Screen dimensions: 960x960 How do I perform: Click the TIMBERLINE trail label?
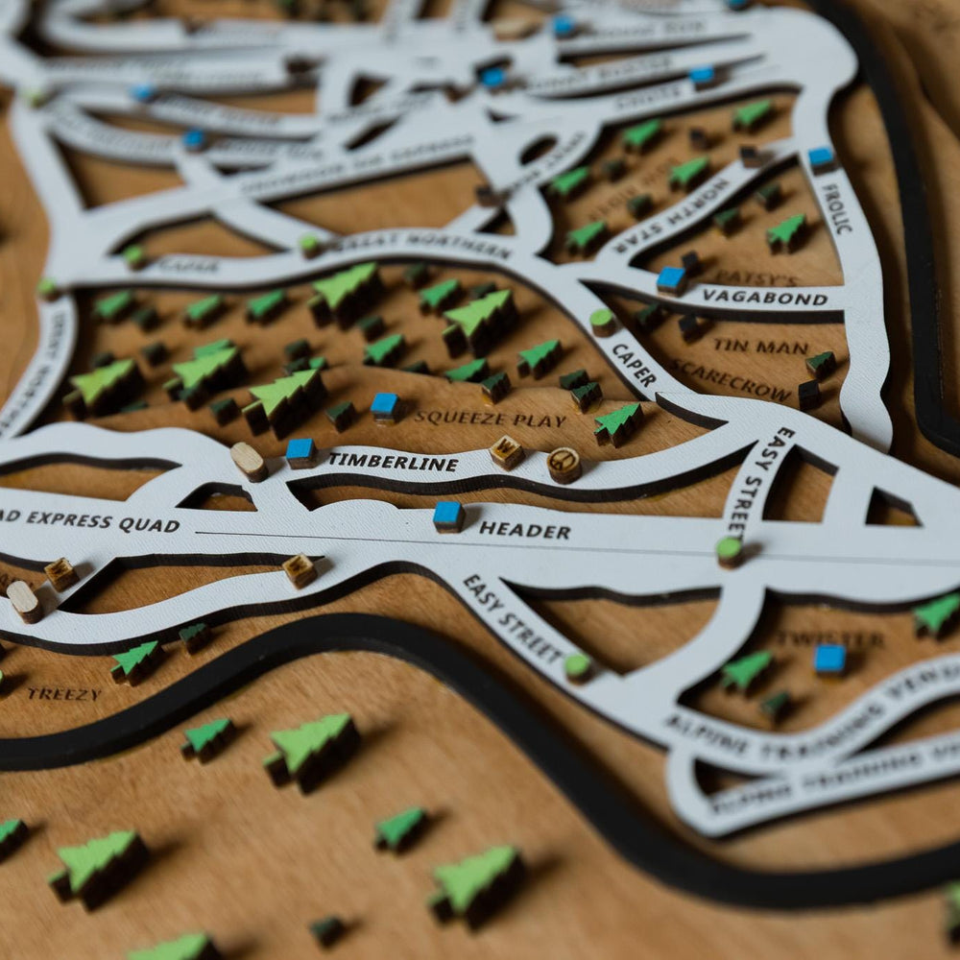[393, 461]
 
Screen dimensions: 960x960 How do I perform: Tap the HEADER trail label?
[524, 530]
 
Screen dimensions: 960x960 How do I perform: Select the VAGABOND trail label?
[764, 298]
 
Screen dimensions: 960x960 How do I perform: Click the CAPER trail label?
[634, 365]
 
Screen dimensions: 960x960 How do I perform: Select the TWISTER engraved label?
[829, 637]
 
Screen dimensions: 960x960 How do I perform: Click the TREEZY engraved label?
[63, 693]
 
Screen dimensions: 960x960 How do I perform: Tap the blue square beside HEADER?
[448, 516]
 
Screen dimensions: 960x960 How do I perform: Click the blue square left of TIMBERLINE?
[300, 451]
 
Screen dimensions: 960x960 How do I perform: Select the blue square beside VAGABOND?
[671, 279]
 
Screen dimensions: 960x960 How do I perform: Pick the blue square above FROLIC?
[821, 157]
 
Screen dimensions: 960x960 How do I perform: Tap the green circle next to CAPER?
[602, 321]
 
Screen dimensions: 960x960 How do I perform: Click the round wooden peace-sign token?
[564, 464]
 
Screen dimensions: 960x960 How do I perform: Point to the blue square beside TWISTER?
[829, 659]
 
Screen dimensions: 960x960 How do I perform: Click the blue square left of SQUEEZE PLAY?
[385, 406]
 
